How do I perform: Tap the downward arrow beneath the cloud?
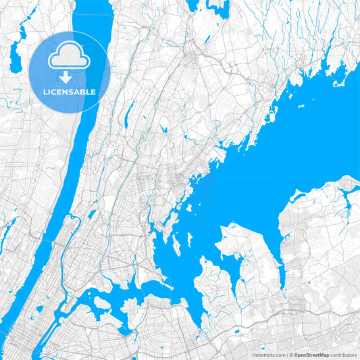coord(70,77)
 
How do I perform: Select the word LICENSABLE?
coord(70,92)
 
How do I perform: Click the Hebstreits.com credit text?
coord(268,355)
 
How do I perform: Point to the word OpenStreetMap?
coord(312,355)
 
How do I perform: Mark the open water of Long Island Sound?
coord(297,149)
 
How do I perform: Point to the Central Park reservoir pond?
coord(38,309)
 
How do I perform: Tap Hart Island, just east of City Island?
coord(190,240)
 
